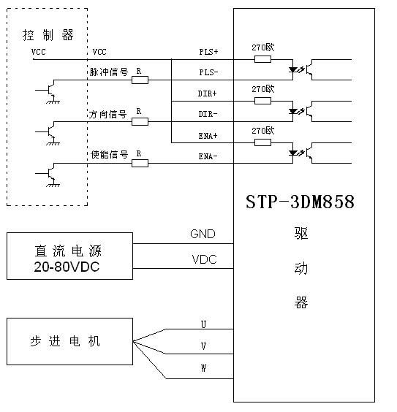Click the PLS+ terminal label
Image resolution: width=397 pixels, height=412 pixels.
208,52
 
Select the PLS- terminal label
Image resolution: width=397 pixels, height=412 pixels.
208,72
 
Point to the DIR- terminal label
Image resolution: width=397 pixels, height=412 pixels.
208,115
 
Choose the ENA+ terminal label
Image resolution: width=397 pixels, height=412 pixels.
208,137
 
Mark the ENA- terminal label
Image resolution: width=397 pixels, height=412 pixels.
208,156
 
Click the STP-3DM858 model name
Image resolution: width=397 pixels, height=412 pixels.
300,202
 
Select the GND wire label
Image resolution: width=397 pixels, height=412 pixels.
203,234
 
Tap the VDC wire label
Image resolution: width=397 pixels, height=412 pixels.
203,259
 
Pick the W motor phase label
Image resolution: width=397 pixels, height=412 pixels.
203,368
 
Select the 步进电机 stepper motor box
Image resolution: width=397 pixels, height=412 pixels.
69,342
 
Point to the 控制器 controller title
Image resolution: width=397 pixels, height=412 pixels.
48,35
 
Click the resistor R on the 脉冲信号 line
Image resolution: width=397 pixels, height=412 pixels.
140,79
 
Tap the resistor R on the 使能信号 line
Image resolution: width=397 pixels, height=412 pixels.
140,162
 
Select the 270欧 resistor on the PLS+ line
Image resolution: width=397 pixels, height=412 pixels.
263,58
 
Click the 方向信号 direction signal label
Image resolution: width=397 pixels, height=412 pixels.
108,115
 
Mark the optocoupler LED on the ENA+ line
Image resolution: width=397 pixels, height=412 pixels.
295,154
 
